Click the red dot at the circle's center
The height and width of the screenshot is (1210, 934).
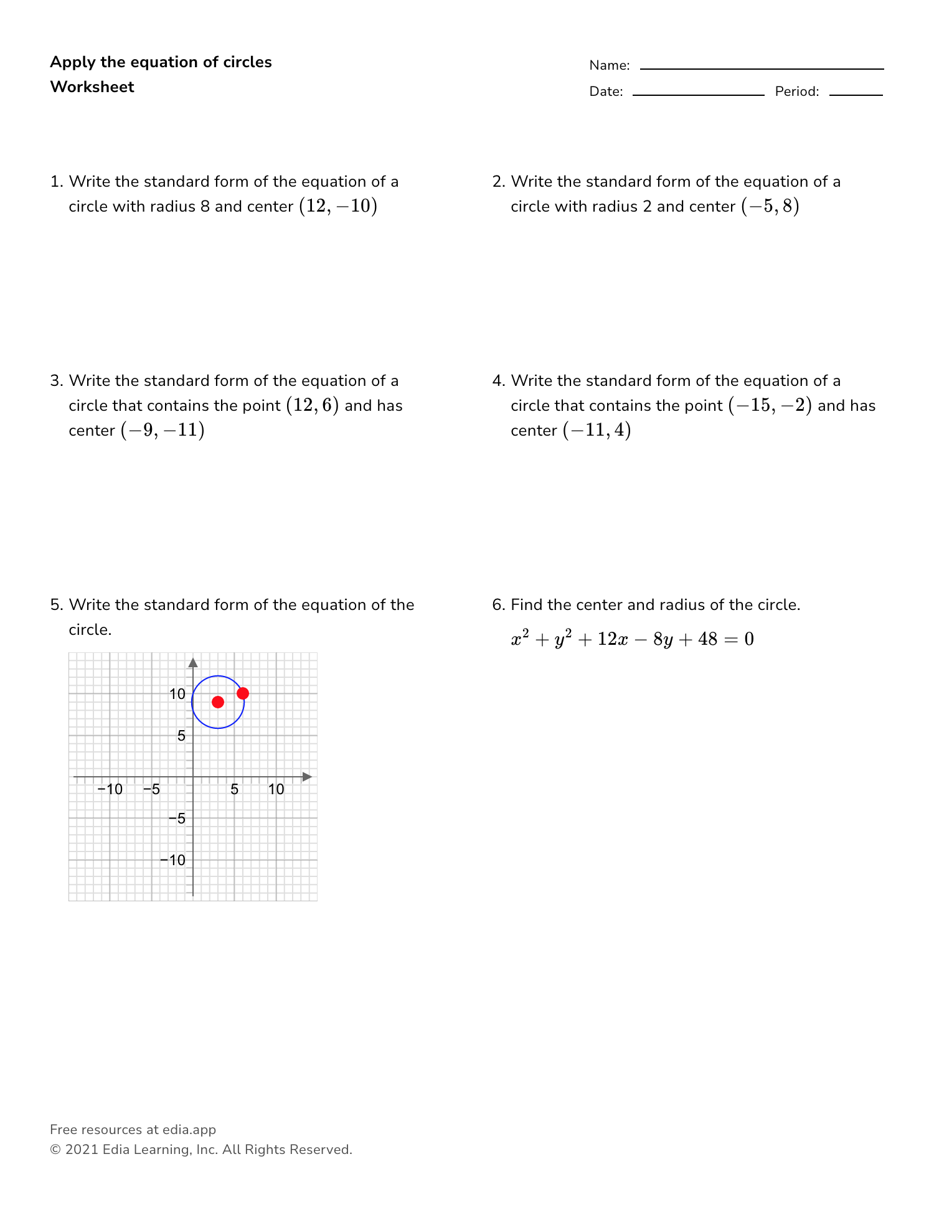[x=218, y=702]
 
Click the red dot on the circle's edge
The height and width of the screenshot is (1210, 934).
[x=243, y=693]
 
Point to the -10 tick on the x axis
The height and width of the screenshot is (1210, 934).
[x=110, y=789]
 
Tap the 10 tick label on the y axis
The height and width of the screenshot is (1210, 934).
[x=177, y=694]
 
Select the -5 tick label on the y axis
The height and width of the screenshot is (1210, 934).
[x=177, y=818]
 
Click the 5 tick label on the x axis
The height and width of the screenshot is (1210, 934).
[x=234, y=789]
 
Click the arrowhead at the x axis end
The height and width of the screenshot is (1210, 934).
[x=306, y=777]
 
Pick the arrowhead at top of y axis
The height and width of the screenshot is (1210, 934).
[x=193, y=662]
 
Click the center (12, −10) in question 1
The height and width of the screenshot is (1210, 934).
[x=338, y=206]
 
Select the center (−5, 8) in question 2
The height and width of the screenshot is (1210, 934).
[x=770, y=206]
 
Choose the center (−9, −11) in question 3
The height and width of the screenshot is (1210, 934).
[x=163, y=430]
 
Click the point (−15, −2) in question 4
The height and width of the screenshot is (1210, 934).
[x=770, y=405]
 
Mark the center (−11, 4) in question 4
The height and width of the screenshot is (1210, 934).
[x=597, y=430]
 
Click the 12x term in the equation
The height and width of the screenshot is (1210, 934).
[x=612, y=639]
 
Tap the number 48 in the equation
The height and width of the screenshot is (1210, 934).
[x=707, y=639]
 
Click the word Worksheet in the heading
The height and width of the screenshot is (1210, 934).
[x=92, y=87]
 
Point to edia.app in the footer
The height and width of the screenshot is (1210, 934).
[x=189, y=1129]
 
